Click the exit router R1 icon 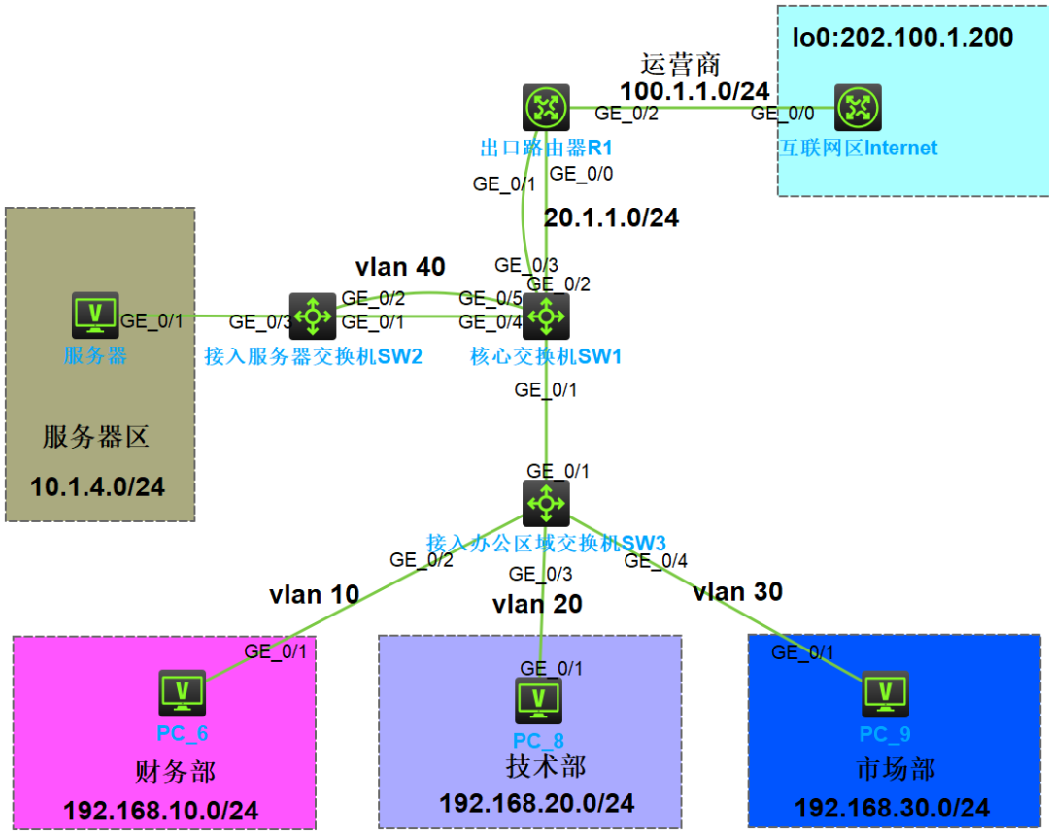coord(546,107)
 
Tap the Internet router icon coord(858,107)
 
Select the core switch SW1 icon coord(546,316)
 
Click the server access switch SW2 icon coord(313,316)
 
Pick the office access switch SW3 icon coord(546,503)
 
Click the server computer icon coord(95,315)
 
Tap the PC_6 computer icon coord(182,693)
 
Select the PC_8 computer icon coord(538,701)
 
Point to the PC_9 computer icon coord(885,694)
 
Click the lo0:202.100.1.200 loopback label coord(902,38)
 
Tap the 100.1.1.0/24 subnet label coord(694,91)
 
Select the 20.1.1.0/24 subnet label coord(611,218)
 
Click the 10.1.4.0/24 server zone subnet coord(98,487)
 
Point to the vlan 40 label coord(400,267)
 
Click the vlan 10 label coord(315,594)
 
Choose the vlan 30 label coord(738,592)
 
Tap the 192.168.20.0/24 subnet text coord(536,803)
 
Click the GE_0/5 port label coord(491,298)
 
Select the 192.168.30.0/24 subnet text coord(892,808)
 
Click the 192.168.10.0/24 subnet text coord(160,812)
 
